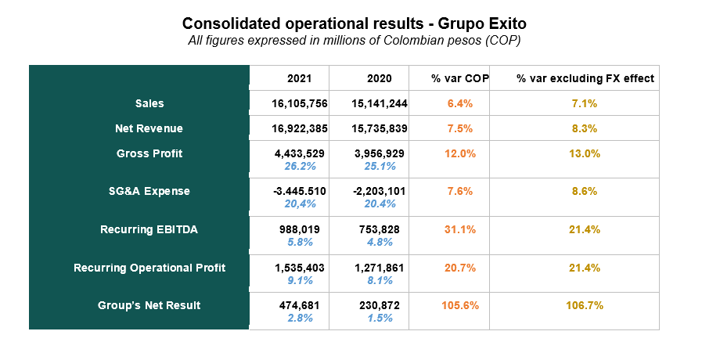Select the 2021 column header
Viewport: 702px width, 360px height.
[x=300, y=78]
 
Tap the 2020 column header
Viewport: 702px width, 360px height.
[x=379, y=78]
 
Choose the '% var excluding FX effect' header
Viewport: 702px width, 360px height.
[x=585, y=78]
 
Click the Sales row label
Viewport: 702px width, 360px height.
[x=149, y=103]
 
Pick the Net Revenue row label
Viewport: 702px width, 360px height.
[x=149, y=128]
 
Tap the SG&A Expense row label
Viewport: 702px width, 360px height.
[x=149, y=191]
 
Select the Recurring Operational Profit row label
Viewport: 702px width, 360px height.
[x=149, y=268]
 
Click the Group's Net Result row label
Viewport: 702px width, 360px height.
[x=149, y=305]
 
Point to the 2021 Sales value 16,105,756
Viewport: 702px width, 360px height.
[x=300, y=103]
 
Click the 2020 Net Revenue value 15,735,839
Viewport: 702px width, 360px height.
[x=380, y=128]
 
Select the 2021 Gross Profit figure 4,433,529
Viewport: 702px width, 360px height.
[x=300, y=153]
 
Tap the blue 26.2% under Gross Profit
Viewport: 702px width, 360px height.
[x=300, y=166]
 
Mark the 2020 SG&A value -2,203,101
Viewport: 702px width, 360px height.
[x=380, y=191]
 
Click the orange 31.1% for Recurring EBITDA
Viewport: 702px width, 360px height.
[x=460, y=229]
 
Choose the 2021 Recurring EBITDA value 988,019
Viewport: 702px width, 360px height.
[x=300, y=229]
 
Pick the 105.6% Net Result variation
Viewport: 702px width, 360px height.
[x=460, y=305]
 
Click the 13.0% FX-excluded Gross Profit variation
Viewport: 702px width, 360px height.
[x=585, y=153]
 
